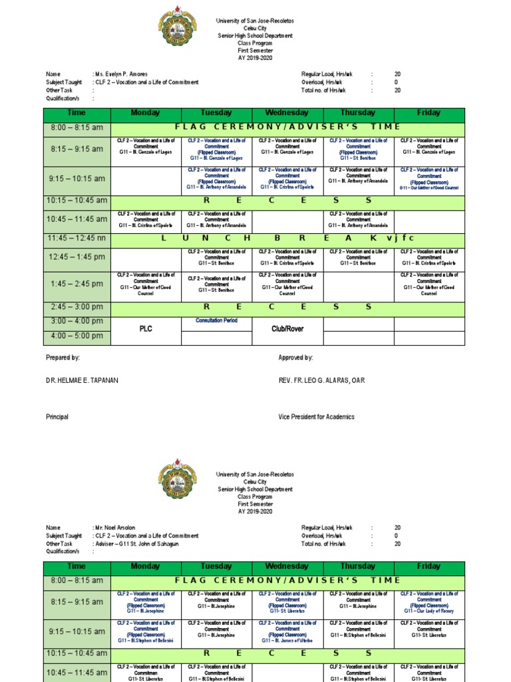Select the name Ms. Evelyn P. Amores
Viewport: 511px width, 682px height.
(122, 74)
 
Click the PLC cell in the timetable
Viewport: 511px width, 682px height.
(145, 328)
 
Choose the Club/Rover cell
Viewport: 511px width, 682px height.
(287, 328)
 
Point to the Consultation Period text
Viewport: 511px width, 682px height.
(216, 320)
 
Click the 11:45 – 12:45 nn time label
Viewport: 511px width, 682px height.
(77, 238)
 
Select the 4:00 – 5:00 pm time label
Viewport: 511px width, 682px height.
(77, 336)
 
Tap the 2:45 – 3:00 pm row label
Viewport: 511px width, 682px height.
(77, 307)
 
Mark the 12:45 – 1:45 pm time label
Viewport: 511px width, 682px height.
(77, 257)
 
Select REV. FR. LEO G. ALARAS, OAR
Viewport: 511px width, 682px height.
(321, 380)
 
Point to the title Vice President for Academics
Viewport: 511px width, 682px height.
(316, 417)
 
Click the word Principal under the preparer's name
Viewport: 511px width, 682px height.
(57, 417)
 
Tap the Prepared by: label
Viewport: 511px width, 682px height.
(63, 358)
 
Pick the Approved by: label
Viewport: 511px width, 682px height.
(295, 358)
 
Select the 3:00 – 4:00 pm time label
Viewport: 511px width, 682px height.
(77, 321)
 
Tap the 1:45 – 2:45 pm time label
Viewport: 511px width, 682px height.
(77, 284)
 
